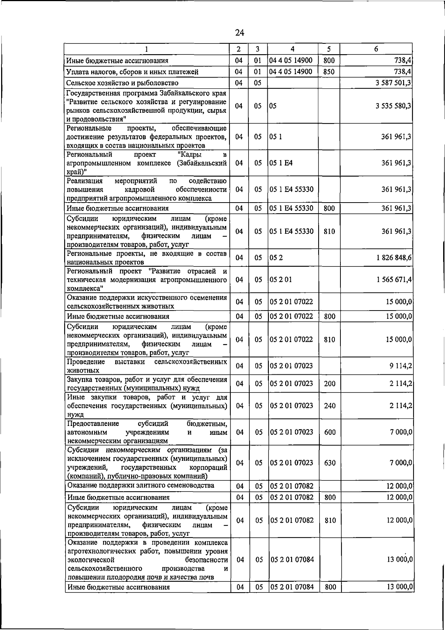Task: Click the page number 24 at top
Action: point(240,33)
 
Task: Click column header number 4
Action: point(293,49)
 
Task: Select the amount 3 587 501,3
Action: point(393,83)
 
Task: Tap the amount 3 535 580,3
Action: point(393,106)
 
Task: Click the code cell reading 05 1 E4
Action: point(281,163)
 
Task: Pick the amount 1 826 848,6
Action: point(394,257)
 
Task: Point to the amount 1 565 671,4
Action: point(394,279)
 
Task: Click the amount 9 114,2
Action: point(401,366)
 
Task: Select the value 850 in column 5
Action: point(329,72)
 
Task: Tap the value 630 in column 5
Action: point(330,463)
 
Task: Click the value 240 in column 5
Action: point(330,406)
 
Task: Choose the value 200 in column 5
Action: point(330,384)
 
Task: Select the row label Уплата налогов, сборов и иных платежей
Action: point(132,72)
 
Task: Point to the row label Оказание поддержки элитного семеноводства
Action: point(141,486)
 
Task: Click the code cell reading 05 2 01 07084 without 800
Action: point(292,560)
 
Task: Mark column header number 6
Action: point(376,49)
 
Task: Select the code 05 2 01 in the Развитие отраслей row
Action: point(281,279)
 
